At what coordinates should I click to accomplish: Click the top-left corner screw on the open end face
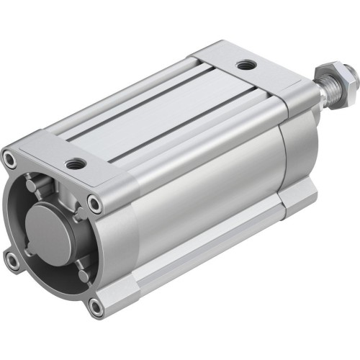point(9,156)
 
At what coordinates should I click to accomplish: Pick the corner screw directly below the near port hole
point(94,204)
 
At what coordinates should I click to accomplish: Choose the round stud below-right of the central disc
point(84,276)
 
